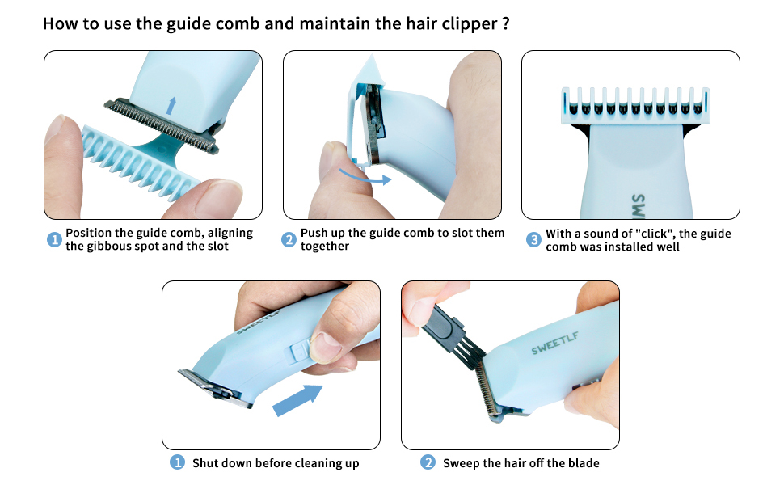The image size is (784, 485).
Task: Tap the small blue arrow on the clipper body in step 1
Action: point(171,106)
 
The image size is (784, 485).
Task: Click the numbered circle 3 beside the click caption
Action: point(534,240)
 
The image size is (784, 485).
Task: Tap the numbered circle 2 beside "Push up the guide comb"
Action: point(289,240)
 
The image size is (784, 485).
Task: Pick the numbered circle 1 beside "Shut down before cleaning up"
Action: point(177,462)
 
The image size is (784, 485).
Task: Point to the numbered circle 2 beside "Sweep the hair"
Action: point(428,462)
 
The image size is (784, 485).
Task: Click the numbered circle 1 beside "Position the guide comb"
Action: point(54,240)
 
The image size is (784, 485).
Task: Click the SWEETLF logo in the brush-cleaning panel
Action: point(555,343)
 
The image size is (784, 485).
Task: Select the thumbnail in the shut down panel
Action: point(326,346)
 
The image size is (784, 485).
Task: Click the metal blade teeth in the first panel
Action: point(162,126)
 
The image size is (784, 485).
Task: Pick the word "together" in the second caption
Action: point(324,247)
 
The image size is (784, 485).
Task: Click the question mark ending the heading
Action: point(506,23)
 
